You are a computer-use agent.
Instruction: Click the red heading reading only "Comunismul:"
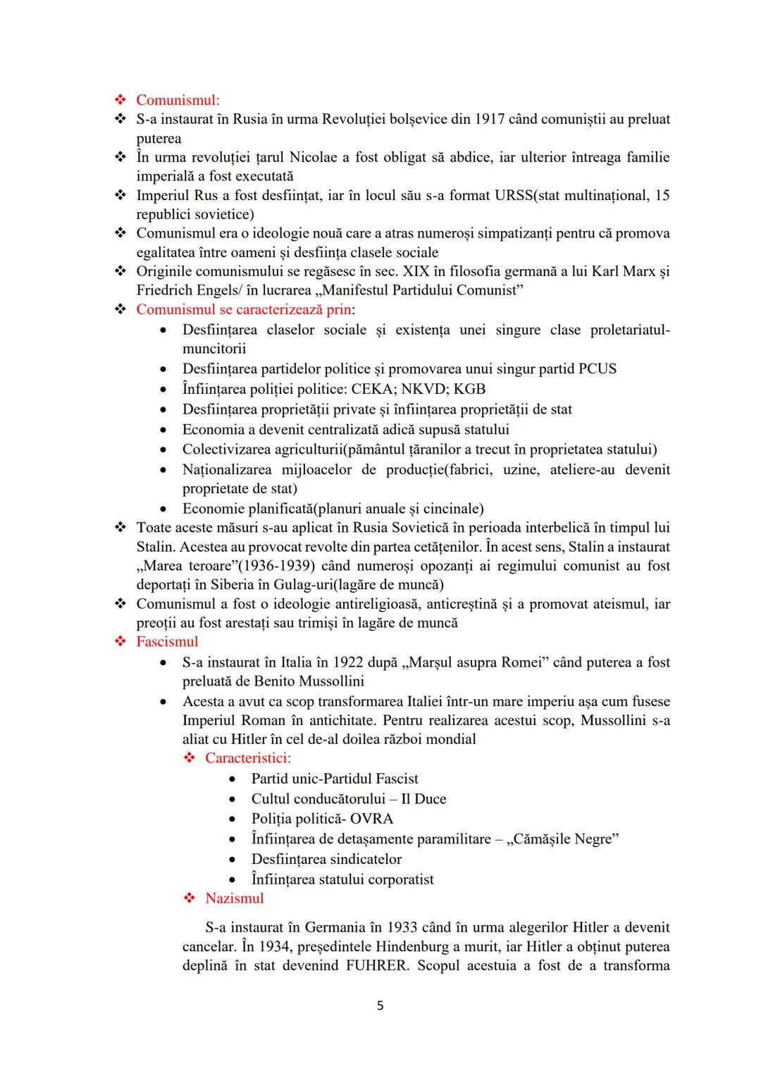coord(178,100)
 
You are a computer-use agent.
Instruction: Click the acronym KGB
coord(469,389)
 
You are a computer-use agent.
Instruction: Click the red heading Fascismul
coord(167,642)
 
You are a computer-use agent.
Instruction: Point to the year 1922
coord(348,662)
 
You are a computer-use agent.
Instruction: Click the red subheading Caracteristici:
coord(248,758)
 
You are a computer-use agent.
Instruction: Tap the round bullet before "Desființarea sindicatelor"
coord(233,860)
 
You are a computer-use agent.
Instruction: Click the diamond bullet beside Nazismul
coord(189,898)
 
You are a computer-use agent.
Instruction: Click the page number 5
coord(380,1006)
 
